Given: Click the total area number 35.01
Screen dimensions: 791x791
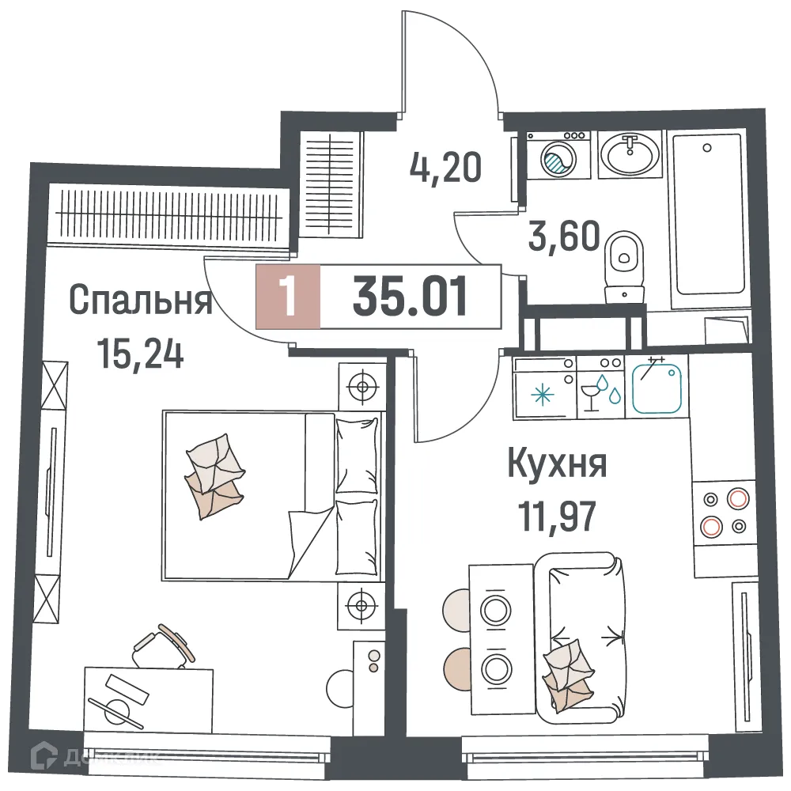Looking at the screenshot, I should point(411,297).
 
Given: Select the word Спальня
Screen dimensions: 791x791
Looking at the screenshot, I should point(141,301).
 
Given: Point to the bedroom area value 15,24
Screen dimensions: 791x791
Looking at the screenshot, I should point(141,353).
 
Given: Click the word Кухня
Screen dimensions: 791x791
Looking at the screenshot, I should point(557,464).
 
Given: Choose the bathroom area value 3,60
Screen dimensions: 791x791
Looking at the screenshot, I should point(564,236).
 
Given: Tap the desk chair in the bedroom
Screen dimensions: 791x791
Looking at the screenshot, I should point(162,647).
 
